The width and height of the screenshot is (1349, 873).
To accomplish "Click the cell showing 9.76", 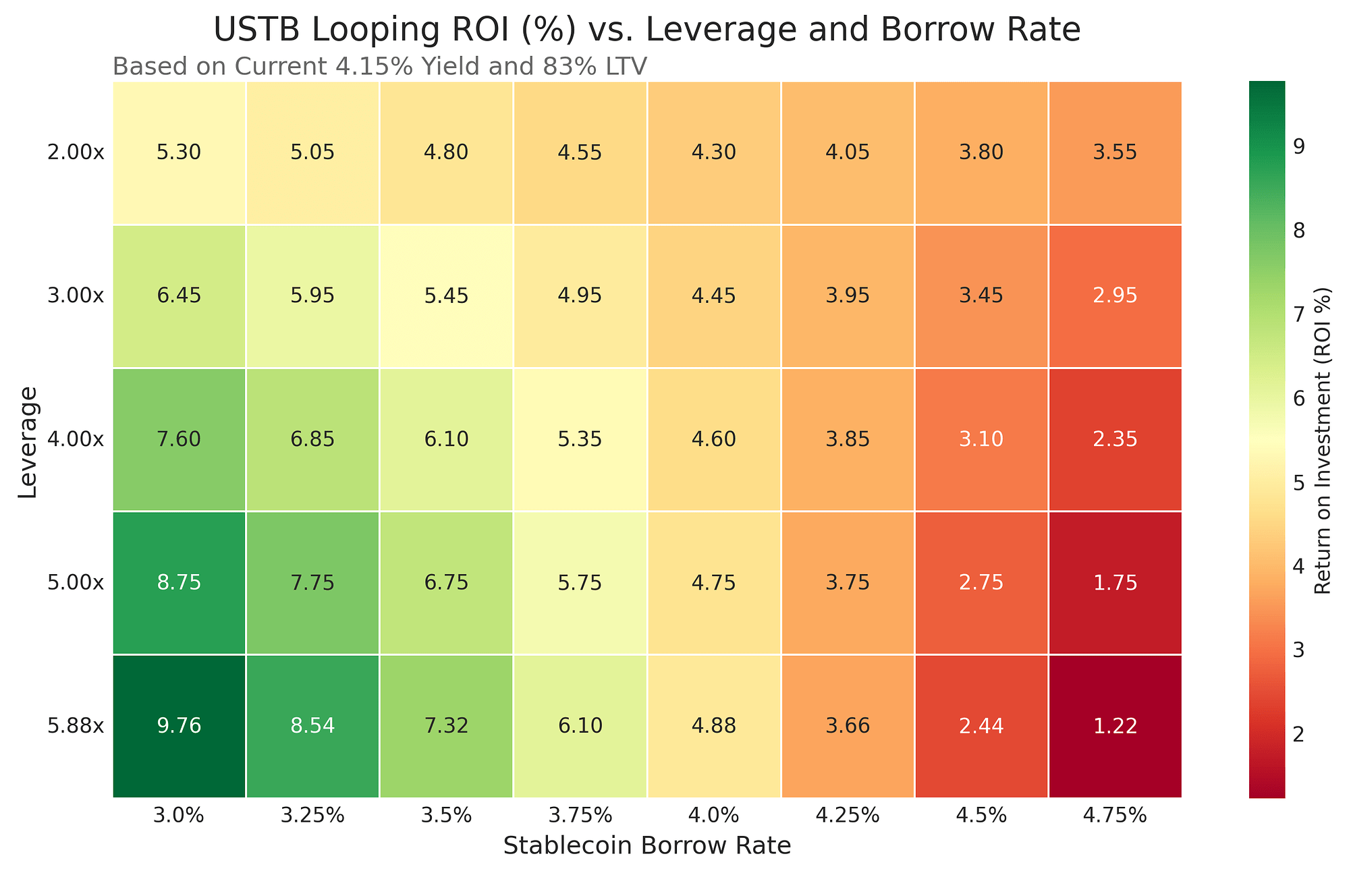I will click(x=179, y=726).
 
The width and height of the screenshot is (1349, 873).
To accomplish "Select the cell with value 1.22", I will click(x=1115, y=726).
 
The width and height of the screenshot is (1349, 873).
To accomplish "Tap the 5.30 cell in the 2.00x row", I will click(x=179, y=152).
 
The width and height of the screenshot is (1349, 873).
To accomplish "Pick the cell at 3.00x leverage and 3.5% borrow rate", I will click(x=446, y=295).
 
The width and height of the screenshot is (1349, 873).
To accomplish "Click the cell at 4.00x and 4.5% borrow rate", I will click(x=981, y=439).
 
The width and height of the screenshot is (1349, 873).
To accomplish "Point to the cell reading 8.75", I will click(x=179, y=583).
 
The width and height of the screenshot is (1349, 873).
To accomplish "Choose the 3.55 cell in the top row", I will click(x=1115, y=152).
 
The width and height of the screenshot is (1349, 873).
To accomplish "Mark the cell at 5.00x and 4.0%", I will click(x=713, y=583).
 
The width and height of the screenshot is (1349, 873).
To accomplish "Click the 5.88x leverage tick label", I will click(x=76, y=727).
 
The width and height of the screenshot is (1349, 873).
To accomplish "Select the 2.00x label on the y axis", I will click(x=76, y=153).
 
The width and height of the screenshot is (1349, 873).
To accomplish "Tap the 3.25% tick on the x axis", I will click(x=312, y=816).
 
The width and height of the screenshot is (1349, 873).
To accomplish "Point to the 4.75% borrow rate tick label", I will click(x=1115, y=816).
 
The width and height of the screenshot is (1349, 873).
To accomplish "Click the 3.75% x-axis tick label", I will click(x=580, y=816).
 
